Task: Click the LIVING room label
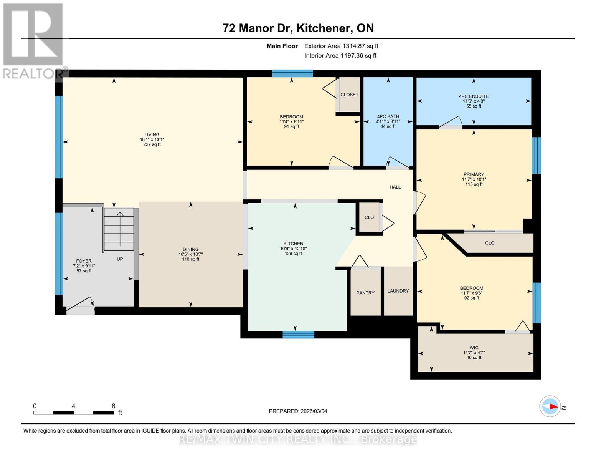coord(152,135)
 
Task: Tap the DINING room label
coord(191,249)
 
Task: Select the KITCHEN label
coord(293,244)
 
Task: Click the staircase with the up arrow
coord(119,229)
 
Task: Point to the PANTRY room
coord(365,293)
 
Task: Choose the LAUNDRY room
coord(398,291)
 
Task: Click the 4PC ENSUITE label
coord(474,96)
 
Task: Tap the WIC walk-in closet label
coord(474,348)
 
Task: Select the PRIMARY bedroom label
coord(474,174)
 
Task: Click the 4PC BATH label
coord(388,116)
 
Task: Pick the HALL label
coord(395,187)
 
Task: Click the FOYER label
coord(84,261)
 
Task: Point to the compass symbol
coord(550,406)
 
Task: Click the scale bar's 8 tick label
coord(114,406)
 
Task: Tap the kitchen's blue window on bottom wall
coord(298,335)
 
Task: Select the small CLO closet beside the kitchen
coord(369,217)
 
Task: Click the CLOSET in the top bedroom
coord(349,95)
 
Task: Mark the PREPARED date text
coord(298,411)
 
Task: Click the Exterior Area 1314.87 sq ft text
coord(341,46)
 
